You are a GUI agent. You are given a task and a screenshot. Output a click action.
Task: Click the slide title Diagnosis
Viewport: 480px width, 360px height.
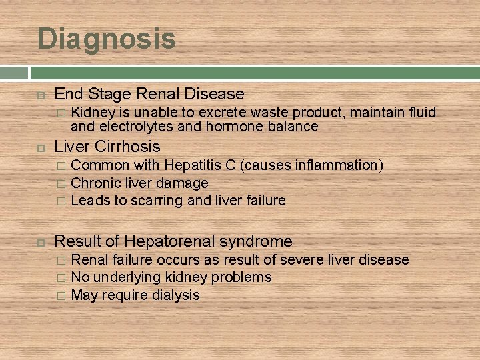[107, 39]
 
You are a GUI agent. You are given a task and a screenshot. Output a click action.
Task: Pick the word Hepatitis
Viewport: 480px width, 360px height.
[194, 165]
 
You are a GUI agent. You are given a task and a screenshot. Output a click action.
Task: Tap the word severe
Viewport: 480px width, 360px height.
[298, 259]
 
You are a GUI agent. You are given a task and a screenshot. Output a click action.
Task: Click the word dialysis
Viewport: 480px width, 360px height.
[175, 295]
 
